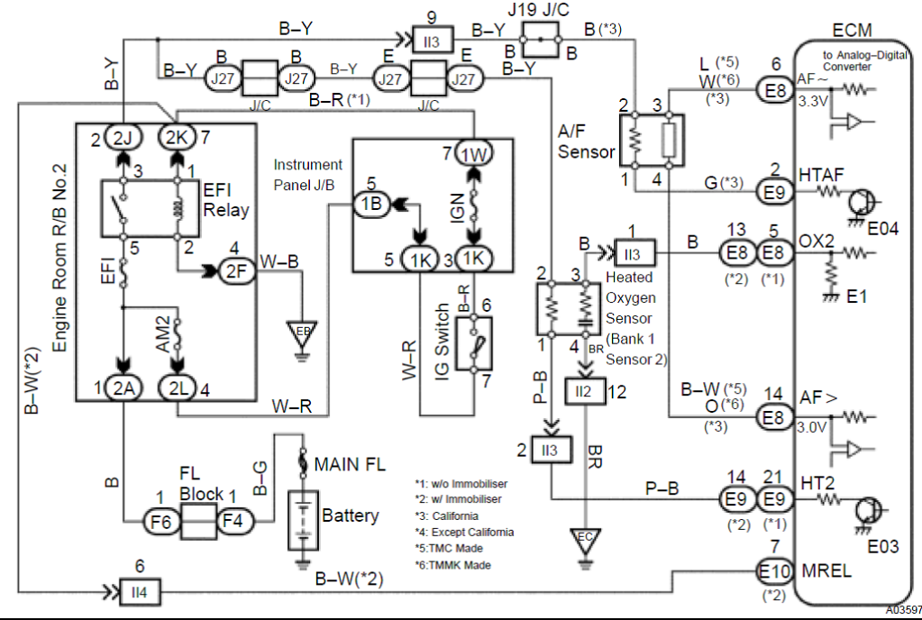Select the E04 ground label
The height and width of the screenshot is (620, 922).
(x=883, y=229)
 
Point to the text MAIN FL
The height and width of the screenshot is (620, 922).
(x=350, y=465)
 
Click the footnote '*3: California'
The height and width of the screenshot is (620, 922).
(x=446, y=515)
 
